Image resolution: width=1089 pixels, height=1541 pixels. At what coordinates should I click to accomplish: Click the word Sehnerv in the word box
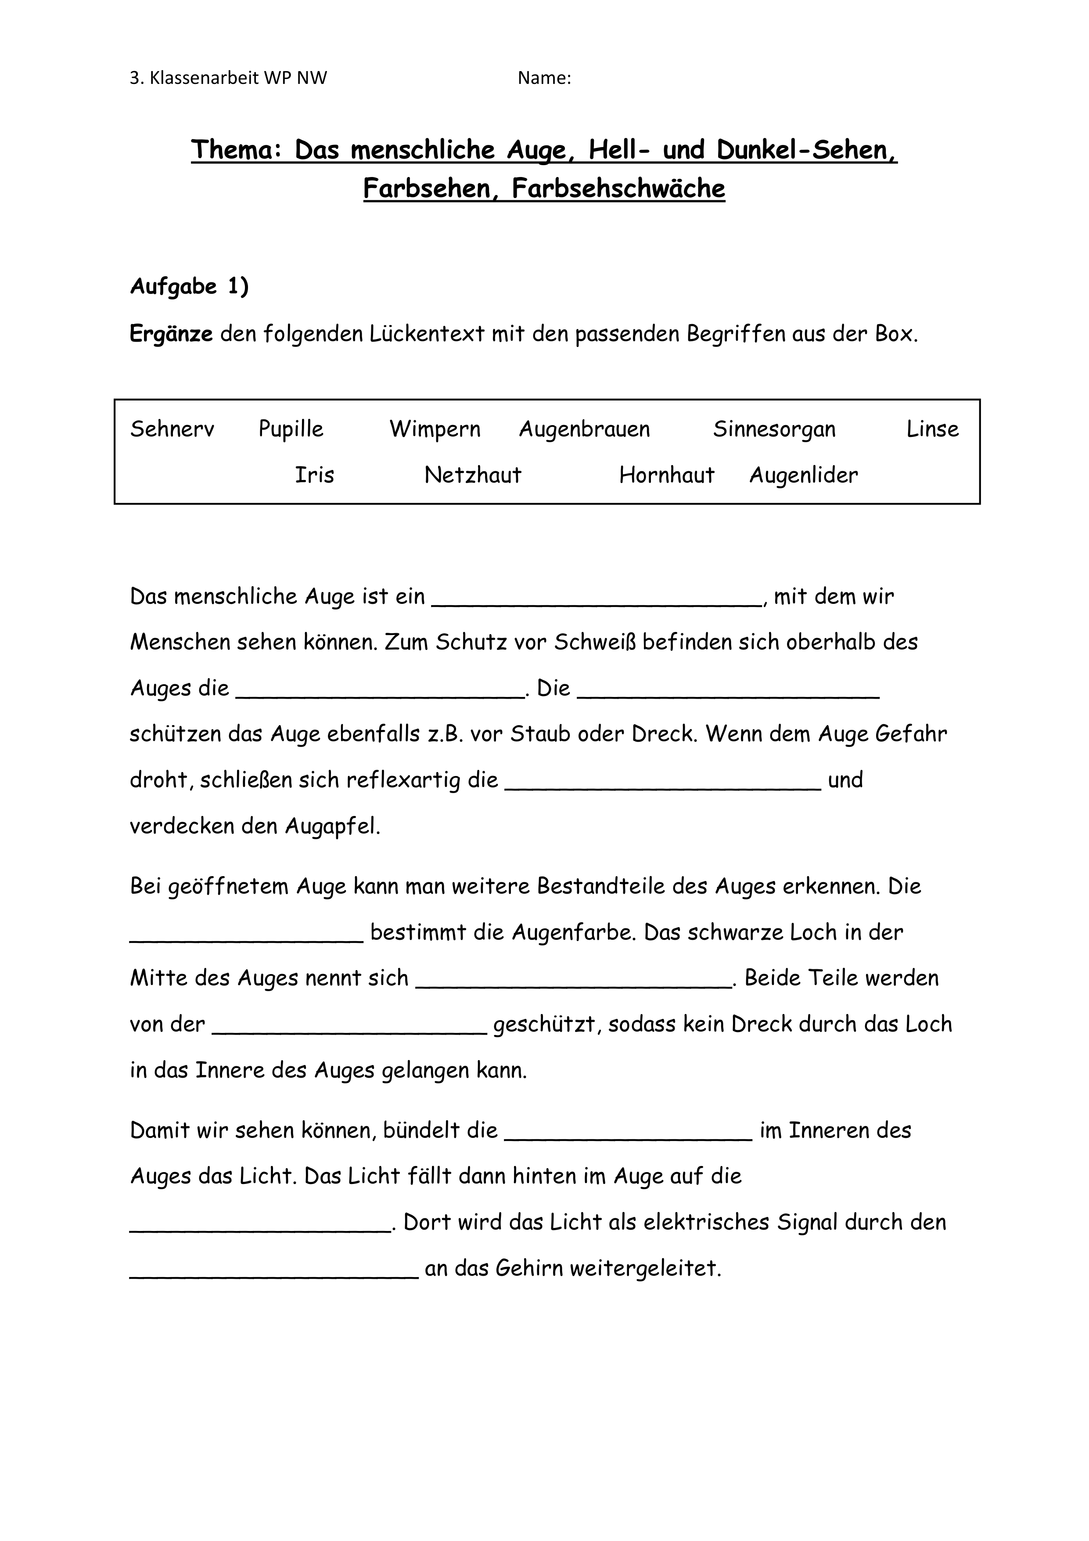172,429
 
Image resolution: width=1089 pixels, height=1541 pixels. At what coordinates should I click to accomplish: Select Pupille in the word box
291,429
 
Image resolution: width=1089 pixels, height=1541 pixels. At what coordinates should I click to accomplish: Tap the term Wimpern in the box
435,429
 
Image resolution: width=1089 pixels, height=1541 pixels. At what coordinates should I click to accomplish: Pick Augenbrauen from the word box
584,429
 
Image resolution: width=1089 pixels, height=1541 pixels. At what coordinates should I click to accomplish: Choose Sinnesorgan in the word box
774,429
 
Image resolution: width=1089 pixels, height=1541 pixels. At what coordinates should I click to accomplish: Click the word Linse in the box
932,429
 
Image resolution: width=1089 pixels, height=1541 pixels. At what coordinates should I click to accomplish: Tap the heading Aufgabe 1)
189,287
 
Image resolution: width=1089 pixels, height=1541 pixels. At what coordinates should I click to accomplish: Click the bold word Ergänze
171,334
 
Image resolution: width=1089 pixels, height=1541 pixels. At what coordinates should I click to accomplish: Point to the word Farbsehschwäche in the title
618,188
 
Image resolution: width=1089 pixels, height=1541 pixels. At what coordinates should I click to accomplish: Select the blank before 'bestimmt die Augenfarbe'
246,937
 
